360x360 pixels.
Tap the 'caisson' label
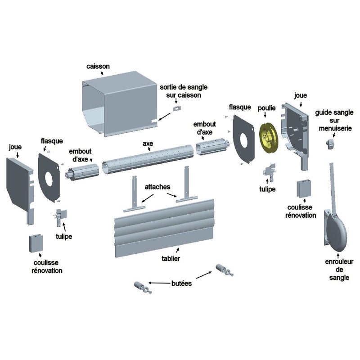[x=98, y=66]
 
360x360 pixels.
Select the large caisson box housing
[x=120, y=104]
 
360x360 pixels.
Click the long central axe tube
[x=148, y=159]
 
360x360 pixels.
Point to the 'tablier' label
[x=171, y=258]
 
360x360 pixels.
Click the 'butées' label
[x=182, y=283]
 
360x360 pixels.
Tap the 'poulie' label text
[x=266, y=108]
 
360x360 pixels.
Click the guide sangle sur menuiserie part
[x=330, y=144]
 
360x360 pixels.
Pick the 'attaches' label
[x=157, y=187]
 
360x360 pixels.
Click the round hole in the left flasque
[x=49, y=179]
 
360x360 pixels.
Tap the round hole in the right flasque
[x=243, y=140]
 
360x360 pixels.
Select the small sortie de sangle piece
[x=177, y=108]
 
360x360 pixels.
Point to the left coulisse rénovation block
[x=36, y=243]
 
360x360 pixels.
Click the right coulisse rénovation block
[x=304, y=189]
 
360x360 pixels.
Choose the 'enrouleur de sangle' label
[x=339, y=270]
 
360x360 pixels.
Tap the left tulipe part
[x=60, y=217]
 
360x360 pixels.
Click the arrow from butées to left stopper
[x=159, y=283]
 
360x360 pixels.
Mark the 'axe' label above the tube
[x=148, y=144]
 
